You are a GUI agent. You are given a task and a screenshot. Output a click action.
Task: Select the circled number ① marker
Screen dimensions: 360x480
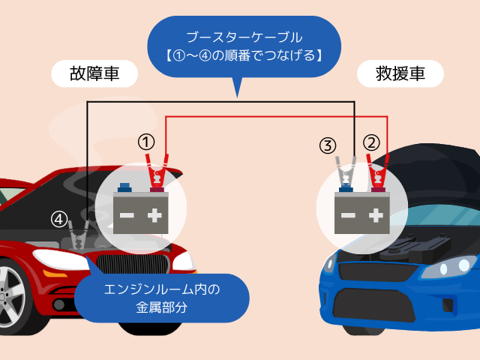(x=147, y=141)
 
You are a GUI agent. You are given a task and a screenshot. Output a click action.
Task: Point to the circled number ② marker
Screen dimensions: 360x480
(x=371, y=141)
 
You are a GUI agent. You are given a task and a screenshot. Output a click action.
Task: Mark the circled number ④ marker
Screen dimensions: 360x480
(x=59, y=220)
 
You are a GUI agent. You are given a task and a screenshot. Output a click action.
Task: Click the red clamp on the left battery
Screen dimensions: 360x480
(x=157, y=172)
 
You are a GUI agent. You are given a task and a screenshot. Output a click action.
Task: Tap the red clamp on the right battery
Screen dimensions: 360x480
(x=375, y=172)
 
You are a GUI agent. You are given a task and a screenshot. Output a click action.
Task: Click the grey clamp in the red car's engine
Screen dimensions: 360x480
(x=77, y=238)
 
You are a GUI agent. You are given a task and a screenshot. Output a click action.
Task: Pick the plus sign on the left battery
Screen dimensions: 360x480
(x=155, y=216)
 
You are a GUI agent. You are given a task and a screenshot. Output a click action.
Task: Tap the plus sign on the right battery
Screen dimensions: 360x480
(x=374, y=216)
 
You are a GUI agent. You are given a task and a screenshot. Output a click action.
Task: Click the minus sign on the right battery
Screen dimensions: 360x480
(x=347, y=216)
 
